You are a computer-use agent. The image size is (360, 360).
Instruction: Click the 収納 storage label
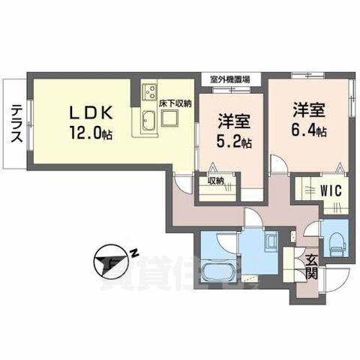216,180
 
